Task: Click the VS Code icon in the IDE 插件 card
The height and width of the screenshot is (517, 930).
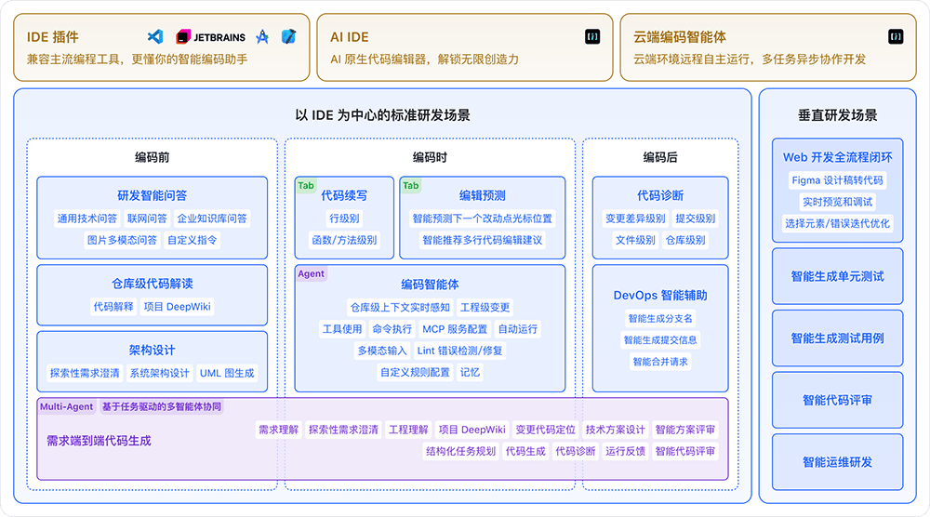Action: pyautogui.click(x=155, y=37)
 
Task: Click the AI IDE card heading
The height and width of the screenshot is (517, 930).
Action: pyautogui.click(x=350, y=37)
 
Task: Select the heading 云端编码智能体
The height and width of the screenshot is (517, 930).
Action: pyautogui.click(x=680, y=37)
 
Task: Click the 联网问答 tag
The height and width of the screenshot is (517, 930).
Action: pyautogui.click(x=147, y=219)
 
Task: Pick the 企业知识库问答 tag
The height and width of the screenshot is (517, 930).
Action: pyautogui.click(x=213, y=219)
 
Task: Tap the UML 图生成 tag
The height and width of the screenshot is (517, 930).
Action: pyautogui.click(x=227, y=373)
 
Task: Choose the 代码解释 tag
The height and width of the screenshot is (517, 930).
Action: pyautogui.click(x=113, y=307)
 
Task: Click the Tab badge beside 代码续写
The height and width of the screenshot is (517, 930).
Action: pyautogui.click(x=306, y=186)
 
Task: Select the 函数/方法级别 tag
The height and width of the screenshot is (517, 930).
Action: pyautogui.click(x=344, y=240)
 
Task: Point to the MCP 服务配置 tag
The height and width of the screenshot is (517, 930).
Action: pyautogui.click(x=455, y=329)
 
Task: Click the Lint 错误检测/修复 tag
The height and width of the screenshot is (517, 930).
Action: pyautogui.click(x=459, y=351)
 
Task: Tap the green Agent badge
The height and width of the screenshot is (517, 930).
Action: pyautogui.click(x=311, y=274)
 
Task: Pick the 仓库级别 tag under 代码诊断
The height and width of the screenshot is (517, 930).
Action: pyautogui.click(x=685, y=240)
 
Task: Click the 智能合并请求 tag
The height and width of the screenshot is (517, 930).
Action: pyautogui.click(x=660, y=362)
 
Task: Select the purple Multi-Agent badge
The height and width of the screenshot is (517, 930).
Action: pyautogui.click(x=66, y=406)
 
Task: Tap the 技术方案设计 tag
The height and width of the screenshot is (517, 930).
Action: pyautogui.click(x=616, y=430)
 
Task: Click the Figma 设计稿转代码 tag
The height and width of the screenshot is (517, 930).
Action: pyautogui.click(x=837, y=179)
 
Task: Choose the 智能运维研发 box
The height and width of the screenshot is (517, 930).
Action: pyautogui.click(x=837, y=462)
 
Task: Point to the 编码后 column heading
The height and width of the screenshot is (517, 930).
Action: pyautogui.click(x=660, y=157)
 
